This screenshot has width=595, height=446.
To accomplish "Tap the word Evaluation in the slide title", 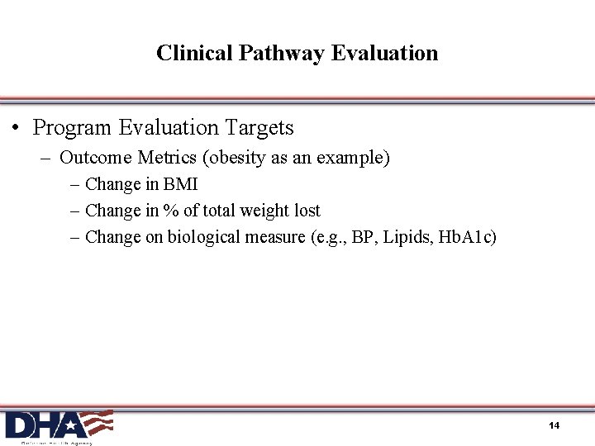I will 384,53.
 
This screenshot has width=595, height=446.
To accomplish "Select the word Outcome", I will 95,157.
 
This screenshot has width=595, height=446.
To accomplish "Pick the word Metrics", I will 168,157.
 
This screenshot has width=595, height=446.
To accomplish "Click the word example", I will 355,158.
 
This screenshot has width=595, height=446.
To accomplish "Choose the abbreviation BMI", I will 180,184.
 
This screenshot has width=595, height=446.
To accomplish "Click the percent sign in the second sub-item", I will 171,211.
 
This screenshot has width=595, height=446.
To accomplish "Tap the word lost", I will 307,211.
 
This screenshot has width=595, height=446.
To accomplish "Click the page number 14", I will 554,425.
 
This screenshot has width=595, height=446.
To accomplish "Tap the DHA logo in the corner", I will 58,425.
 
